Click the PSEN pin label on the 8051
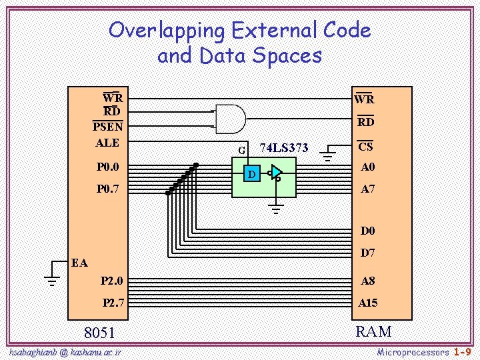tap(107, 126)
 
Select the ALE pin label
tap(107, 143)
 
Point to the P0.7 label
tap(107, 189)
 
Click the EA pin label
tap(80, 263)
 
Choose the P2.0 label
tap(111, 281)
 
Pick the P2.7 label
tap(113, 303)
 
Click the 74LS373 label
tap(283, 147)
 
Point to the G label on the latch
tap(242, 150)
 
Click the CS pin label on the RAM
tap(365, 147)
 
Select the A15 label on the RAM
tap(368, 303)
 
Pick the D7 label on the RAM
tap(368, 253)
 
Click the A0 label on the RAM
tap(368, 167)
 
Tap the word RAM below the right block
tap(373, 331)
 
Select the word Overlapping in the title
tap(167, 30)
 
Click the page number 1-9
tap(463, 351)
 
